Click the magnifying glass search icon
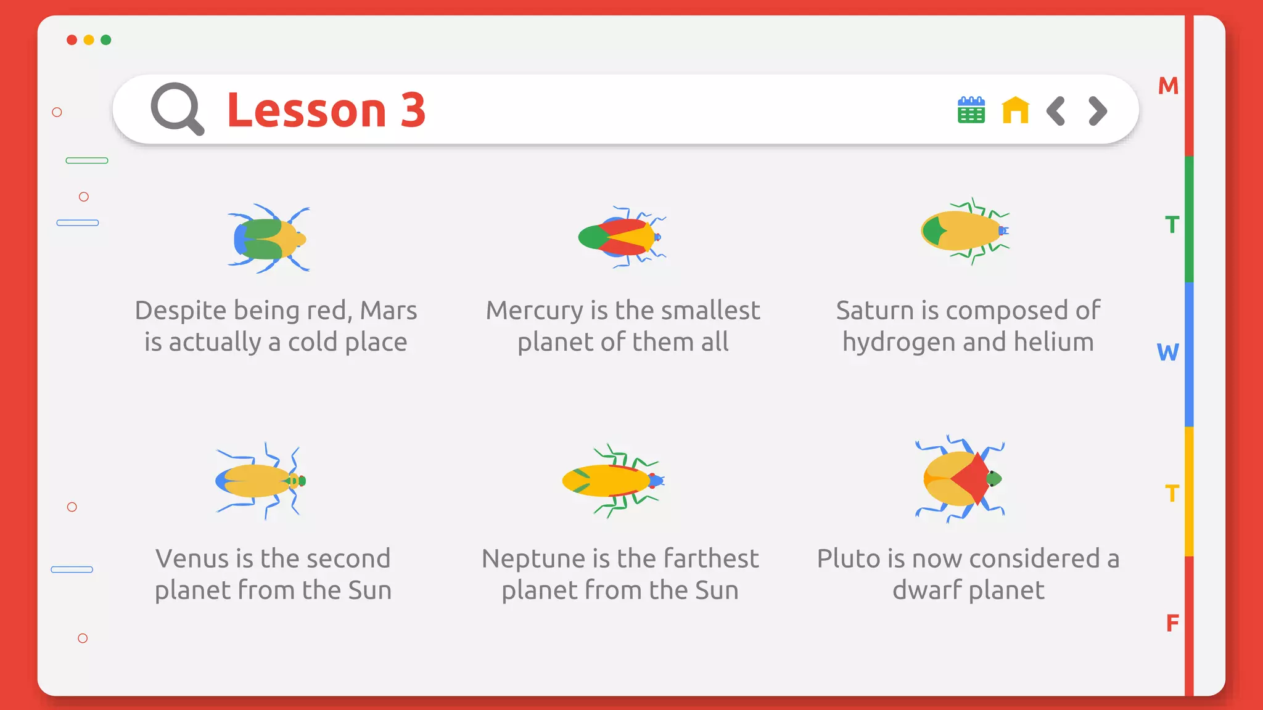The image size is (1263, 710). click(x=177, y=108)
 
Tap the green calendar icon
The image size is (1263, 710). click(x=971, y=110)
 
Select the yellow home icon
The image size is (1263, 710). click(x=1015, y=110)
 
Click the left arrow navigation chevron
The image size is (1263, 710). click(x=1056, y=111)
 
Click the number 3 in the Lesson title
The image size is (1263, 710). click(x=413, y=110)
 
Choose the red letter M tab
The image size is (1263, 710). click(x=1168, y=86)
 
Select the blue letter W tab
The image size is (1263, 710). click(x=1167, y=353)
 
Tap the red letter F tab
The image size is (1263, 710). click(x=1172, y=623)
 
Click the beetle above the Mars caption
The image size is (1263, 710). click(x=269, y=239)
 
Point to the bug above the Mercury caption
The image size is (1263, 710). click(x=621, y=237)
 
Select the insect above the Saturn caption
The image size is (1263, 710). click(x=965, y=231)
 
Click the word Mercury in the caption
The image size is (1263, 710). click(x=534, y=311)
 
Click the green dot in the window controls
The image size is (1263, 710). click(x=106, y=40)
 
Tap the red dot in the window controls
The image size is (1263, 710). click(x=72, y=40)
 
